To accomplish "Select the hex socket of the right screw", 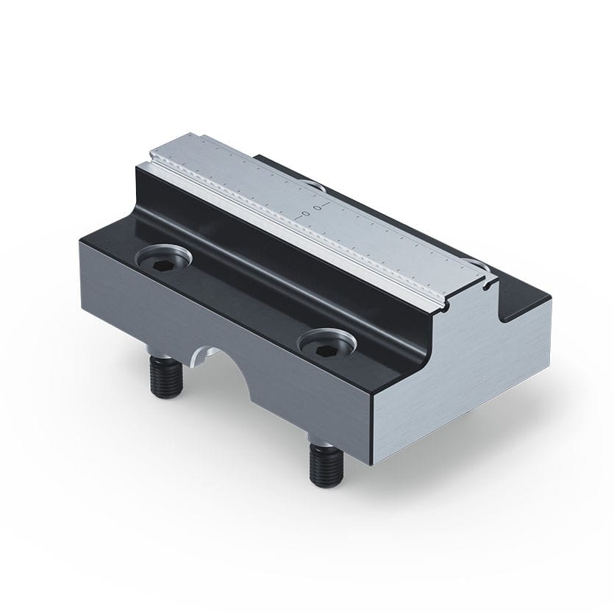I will [324, 343].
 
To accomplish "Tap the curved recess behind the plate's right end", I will [479, 262].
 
